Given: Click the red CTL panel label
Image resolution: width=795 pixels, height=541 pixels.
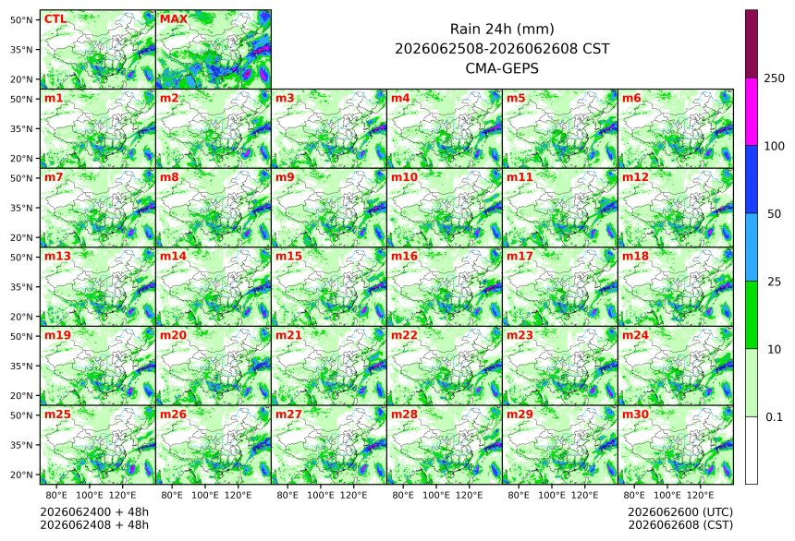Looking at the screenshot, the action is (55, 19).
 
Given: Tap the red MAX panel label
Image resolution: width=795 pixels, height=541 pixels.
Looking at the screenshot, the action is (174, 19).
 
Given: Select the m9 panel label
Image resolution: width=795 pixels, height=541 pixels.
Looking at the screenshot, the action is (285, 177).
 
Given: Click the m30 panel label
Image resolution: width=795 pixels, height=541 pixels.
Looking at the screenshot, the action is (635, 415).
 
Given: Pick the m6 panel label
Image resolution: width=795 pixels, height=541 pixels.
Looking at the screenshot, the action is (631, 98).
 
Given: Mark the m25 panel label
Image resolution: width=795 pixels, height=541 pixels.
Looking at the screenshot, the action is (57, 415).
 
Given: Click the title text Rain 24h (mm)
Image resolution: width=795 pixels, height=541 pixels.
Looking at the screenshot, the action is (502, 30).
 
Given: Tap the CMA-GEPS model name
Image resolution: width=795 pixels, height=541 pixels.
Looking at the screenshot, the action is (502, 68).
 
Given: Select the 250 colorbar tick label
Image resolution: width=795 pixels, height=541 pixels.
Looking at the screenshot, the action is (774, 78).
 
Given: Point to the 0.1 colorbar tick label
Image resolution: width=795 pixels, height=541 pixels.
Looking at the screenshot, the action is (774, 417).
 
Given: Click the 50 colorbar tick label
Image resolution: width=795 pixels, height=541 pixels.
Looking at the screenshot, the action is (774, 214).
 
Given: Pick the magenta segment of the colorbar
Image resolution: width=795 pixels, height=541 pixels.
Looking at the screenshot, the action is (752, 112).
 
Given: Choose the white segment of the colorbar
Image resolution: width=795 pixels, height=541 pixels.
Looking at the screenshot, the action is (752, 451).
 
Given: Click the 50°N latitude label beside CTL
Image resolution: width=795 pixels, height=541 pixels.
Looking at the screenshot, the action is (21, 19).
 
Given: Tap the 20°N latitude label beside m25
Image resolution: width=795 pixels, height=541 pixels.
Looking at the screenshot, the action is (21, 475).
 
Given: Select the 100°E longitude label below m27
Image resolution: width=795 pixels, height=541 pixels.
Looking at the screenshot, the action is (321, 495).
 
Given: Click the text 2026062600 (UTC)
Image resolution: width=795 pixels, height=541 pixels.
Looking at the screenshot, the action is (680, 512).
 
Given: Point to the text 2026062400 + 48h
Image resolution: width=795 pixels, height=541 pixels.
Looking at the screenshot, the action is (94, 512).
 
